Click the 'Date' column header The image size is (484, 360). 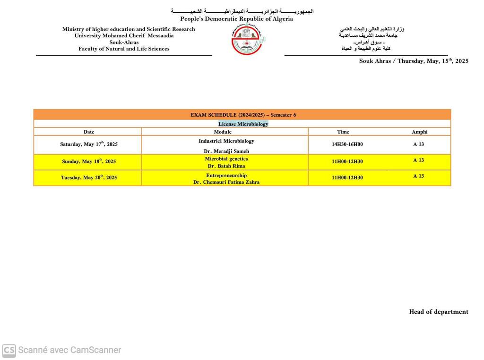[x=89, y=132]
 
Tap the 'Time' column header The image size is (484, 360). [x=343, y=132]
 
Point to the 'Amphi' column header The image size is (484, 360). [x=419, y=132]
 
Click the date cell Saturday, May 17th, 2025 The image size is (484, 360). [x=89, y=144]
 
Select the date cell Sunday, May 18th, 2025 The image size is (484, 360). [x=89, y=161]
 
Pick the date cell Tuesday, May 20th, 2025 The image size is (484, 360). [x=89, y=177]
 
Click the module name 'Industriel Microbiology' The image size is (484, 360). [x=226, y=141]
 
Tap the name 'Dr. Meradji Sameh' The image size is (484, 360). [x=226, y=151]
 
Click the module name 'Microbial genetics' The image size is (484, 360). [x=226, y=159]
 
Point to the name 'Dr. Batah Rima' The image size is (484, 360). [x=226, y=166]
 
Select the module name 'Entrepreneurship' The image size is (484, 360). [x=226, y=175]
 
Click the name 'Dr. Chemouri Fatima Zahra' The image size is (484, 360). [x=226, y=182]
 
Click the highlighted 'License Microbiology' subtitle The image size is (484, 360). [x=243, y=124]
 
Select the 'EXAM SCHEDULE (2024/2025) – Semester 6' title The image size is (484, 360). [x=243, y=115]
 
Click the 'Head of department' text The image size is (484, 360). [x=439, y=312]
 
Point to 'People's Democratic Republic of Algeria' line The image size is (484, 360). [x=236, y=19]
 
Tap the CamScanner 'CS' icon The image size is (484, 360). [x=9, y=350]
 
